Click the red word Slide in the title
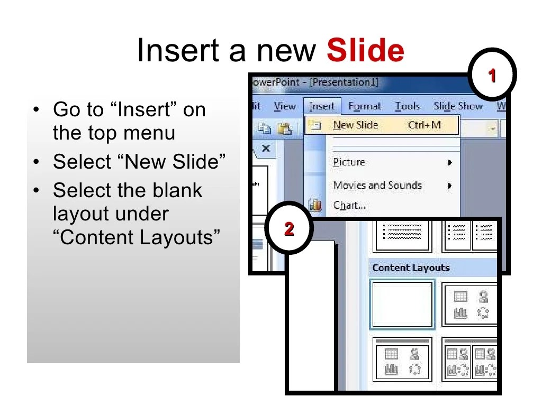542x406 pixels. pyautogui.click(x=365, y=51)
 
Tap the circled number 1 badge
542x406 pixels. pyautogui.click(x=492, y=76)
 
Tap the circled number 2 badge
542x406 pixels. pyautogui.click(x=289, y=229)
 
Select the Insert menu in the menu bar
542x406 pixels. pyautogui.click(x=322, y=106)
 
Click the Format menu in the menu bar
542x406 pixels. pyautogui.click(x=365, y=106)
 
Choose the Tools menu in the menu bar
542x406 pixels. pyautogui.click(x=407, y=106)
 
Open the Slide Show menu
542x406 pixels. pyautogui.click(x=458, y=106)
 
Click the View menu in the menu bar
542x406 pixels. pyautogui.click(x=285, y=106)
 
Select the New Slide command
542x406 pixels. pyautogui.click(x=355, y=125)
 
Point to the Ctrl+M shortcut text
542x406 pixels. pyautogui.click(x=424, y=125)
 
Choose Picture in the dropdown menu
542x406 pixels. pyautogui.click(x=349, y=162)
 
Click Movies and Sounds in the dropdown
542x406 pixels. pyautogui.click(x=377, y=186)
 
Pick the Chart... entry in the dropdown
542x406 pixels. pyautogui.click(x=349, y=205)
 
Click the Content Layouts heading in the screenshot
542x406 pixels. pyautogui.click(x=411, y=268)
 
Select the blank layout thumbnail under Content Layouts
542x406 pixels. pyautogui.click(x=403, y=304)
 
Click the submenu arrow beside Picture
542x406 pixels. pyautogui.click(x=450, y=163)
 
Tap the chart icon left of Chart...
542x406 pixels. pyautogui.click(x=315, y=205)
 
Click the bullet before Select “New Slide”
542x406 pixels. pyautogui.click(x=36, y=162)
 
